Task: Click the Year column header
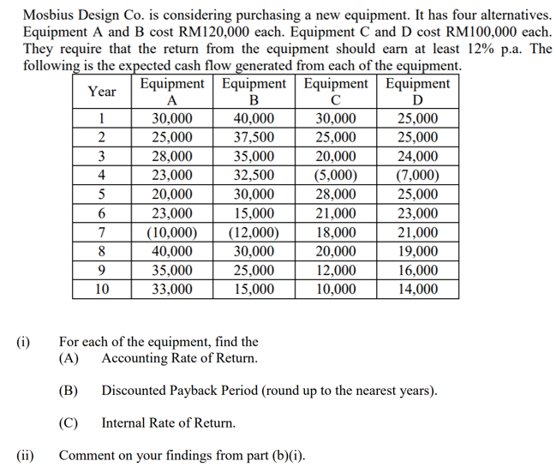click(102, 92)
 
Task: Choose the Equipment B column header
click(254, 92)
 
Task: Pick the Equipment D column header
click(417, 92)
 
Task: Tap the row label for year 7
click(102, 232)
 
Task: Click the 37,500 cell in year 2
click(254, 138)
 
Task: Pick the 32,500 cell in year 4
click(254, 176)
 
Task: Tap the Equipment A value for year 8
click(171, 251)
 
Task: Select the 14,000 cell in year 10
click(417, 289)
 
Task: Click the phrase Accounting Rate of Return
click(179, 358)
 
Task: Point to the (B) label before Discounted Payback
click(69, 391)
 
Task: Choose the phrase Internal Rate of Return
click(168, 422)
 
